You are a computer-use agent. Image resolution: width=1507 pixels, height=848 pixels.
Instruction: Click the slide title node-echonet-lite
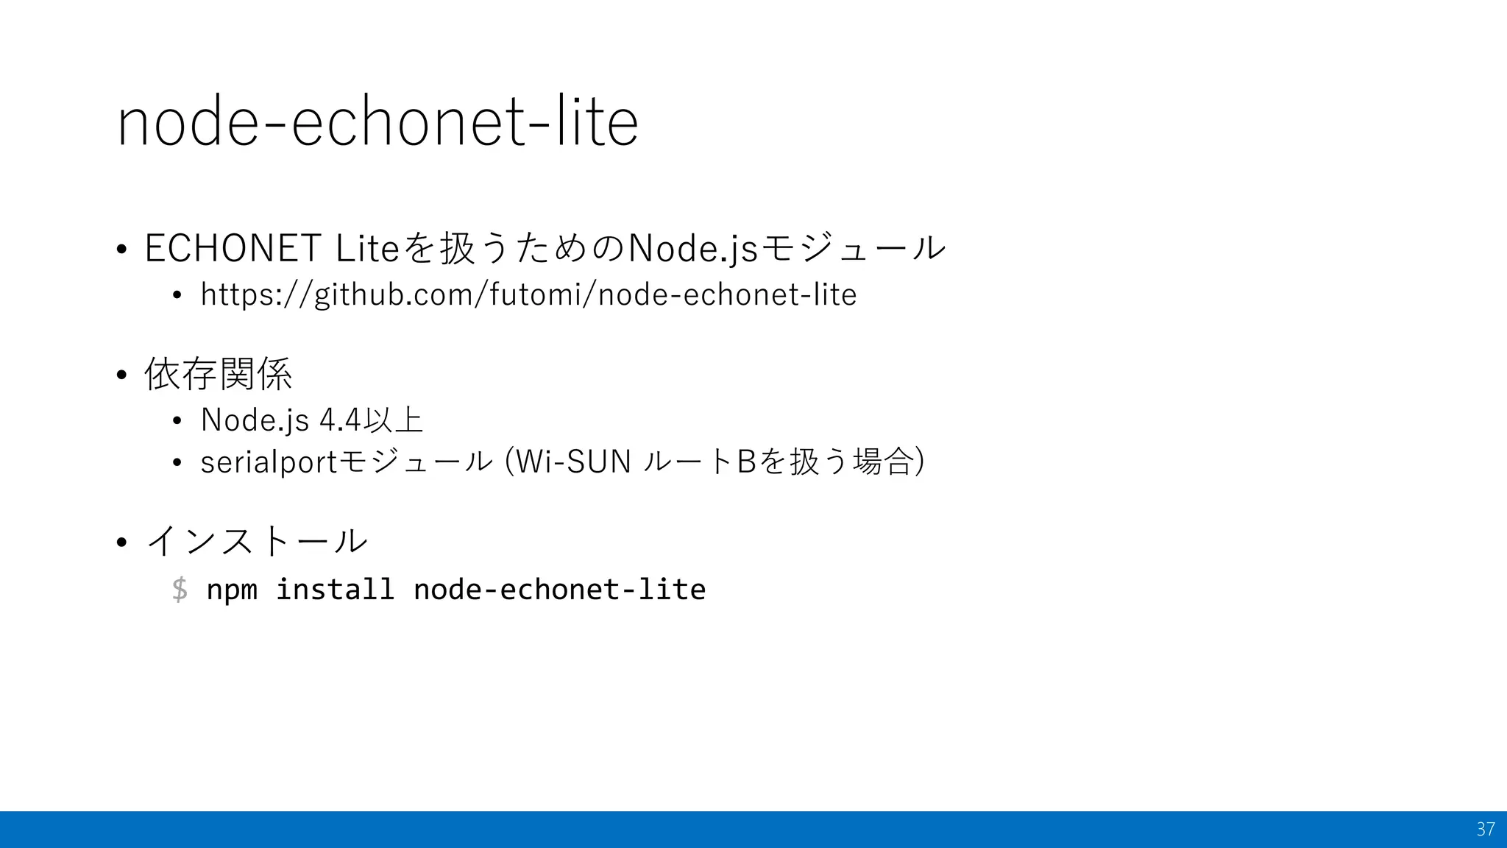point(377,122)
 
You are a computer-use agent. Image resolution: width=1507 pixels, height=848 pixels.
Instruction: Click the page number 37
point(1485,830)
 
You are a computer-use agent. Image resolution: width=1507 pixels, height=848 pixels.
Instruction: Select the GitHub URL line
point(528,295)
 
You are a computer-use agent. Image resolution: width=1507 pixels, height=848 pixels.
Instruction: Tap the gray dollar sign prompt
point(180,590)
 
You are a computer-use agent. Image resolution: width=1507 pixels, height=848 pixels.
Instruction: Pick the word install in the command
point(335,590)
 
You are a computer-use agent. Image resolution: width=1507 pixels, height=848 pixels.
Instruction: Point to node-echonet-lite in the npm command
point(559,590)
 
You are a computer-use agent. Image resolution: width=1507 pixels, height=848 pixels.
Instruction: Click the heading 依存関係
point(219,374)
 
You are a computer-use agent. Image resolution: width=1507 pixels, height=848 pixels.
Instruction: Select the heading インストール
point(257,541)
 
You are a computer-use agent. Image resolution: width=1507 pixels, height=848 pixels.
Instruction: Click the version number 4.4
point(341,420)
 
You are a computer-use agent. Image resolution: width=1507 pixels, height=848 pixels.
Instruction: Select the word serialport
point(268,462)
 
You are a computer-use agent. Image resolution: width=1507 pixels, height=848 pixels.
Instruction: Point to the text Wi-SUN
point(573,462)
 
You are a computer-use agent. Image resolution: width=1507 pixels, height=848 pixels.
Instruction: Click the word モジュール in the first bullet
point(852,248)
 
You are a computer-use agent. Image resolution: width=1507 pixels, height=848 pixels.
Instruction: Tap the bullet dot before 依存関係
point(121,375)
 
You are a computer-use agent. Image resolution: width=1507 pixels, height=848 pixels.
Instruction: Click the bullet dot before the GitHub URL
point(177,296)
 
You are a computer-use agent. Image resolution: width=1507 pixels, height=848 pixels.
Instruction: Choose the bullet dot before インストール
point(121,543)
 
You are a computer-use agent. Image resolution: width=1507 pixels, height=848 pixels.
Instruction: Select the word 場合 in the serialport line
point(882,462)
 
